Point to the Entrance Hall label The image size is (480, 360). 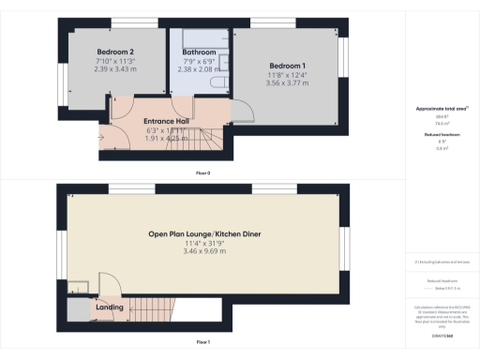(170, 121)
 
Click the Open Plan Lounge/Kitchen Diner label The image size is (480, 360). (203, 234)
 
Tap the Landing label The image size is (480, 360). (109, 307)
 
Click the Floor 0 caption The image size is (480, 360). (202, 174)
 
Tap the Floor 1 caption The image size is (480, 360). (202, 343)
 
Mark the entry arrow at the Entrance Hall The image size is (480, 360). (101, 140)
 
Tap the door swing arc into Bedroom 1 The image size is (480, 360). (242, 112)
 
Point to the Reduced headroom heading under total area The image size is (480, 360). (440, 135)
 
